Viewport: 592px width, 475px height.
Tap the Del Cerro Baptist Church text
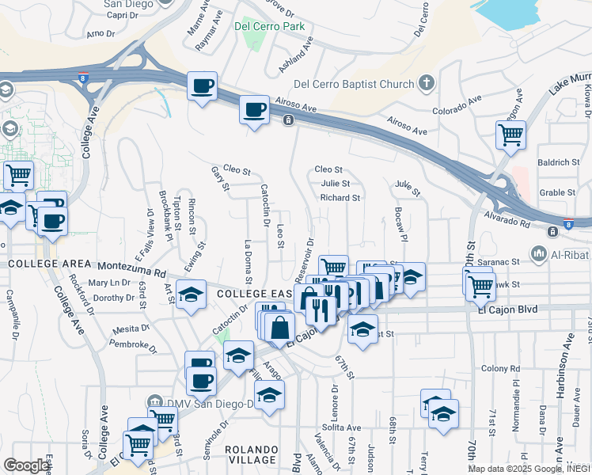354,85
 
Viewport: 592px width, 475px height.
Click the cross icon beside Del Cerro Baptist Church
427,83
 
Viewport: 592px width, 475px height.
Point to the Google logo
26,465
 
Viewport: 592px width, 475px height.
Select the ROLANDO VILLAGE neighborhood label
252,454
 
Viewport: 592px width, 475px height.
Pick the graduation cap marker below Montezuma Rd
190,295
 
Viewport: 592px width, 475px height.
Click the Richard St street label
340,198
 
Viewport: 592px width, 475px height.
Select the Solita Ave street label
342,427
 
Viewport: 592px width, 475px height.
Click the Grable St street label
557,192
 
